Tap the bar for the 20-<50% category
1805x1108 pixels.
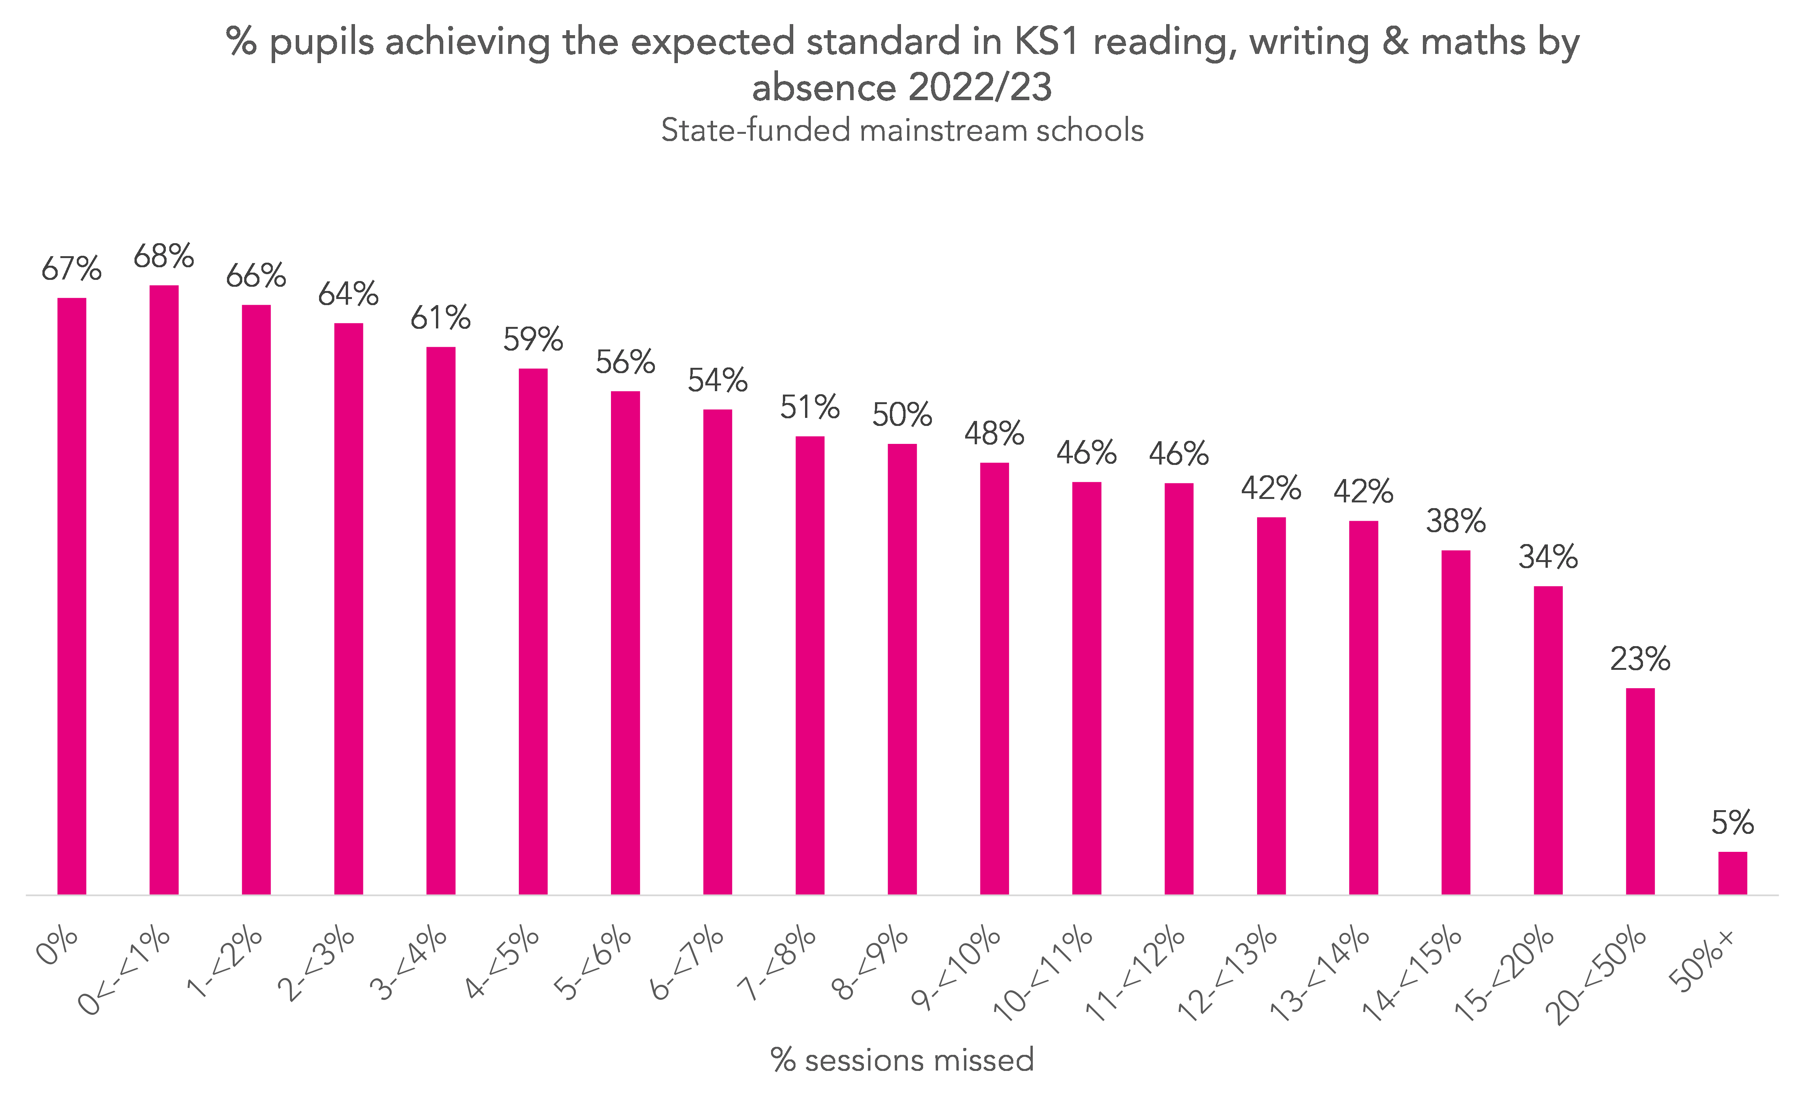[x=1640, y=791]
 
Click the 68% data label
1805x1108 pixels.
[x=164, y=257]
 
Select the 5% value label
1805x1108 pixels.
[x=1732, y=823]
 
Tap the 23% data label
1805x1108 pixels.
[x=1640, y=660]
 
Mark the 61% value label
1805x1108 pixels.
[x=440, y=318]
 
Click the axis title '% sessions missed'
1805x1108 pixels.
[x=902, y=1060]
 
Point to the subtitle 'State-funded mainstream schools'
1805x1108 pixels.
[x=902, y=130]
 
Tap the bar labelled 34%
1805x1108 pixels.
[x=1548, y=740]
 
